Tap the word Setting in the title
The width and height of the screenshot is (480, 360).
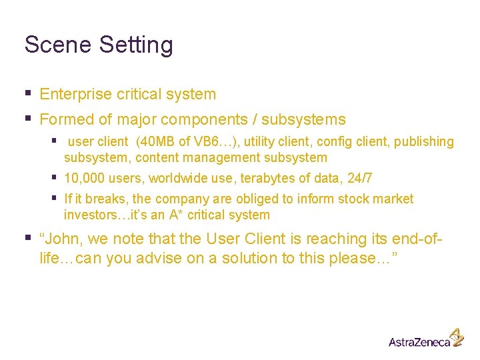[x=136, y=45]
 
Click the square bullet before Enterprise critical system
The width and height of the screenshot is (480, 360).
[x=27, y=93]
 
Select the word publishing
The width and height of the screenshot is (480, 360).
[x=423, y=141]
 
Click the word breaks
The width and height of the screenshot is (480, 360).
[x=107, y=199]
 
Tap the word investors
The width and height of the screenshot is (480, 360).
[x=87, y=215]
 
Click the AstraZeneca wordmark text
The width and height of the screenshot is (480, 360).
[x=418, y=341]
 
